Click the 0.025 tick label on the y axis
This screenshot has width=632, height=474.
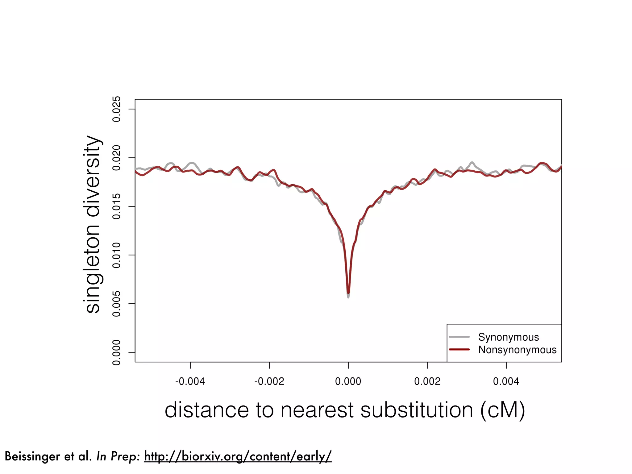click(x=117, y=109)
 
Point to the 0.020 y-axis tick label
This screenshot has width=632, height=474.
click(x=117, y=158)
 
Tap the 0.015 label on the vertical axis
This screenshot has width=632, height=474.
click(x=117, y=206)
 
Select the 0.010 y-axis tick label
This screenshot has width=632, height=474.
click(x=117, y=255)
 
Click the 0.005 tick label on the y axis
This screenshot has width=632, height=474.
click(x=117, y=304)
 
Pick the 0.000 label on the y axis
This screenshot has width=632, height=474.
click(x=117, y=352)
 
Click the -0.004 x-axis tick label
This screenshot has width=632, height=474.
click(x=190, y=381)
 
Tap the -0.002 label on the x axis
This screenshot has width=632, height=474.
click(x=269, y=381)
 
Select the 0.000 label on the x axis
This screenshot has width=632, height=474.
click(x=348, y=381)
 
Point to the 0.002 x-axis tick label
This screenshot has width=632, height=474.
click(x=427, y=381)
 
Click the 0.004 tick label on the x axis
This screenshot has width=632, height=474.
click(x=506, y=381)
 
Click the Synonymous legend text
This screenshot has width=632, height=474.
click(x=509, y=337)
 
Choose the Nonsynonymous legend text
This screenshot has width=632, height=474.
click(x=518, y=350)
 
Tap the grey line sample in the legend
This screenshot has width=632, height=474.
click(x=459, y=337)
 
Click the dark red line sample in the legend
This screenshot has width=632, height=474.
click(x=459, y=349)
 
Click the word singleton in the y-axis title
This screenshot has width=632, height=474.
click(x=93, y=269)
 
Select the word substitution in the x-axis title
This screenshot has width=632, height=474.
click(x=417, y=410)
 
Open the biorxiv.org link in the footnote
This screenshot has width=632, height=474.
click(x=238, y=456)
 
